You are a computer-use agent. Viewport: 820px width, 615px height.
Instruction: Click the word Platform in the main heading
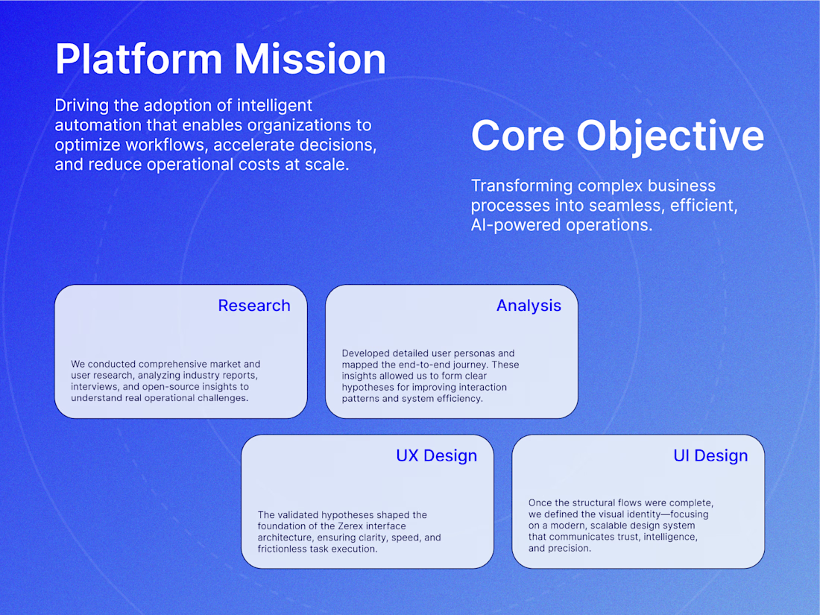click(x=139, y=60)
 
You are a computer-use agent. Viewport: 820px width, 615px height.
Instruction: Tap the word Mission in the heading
click(x=310, y=59)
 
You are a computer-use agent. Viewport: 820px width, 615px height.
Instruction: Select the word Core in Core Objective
click(x=518, y=136)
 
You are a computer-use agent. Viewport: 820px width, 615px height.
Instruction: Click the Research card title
click(x=254, y=306)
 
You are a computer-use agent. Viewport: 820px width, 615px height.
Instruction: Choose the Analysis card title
click(x=529, y=306)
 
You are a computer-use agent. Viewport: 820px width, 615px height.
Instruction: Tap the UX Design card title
click(x=437, y=455)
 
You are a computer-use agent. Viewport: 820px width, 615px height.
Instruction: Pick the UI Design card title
click(x=710, y=455)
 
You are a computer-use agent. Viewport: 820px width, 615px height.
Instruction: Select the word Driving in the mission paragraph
click(x=82, y=106)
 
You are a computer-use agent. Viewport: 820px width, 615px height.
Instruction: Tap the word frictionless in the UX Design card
click(x=281, y=549)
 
